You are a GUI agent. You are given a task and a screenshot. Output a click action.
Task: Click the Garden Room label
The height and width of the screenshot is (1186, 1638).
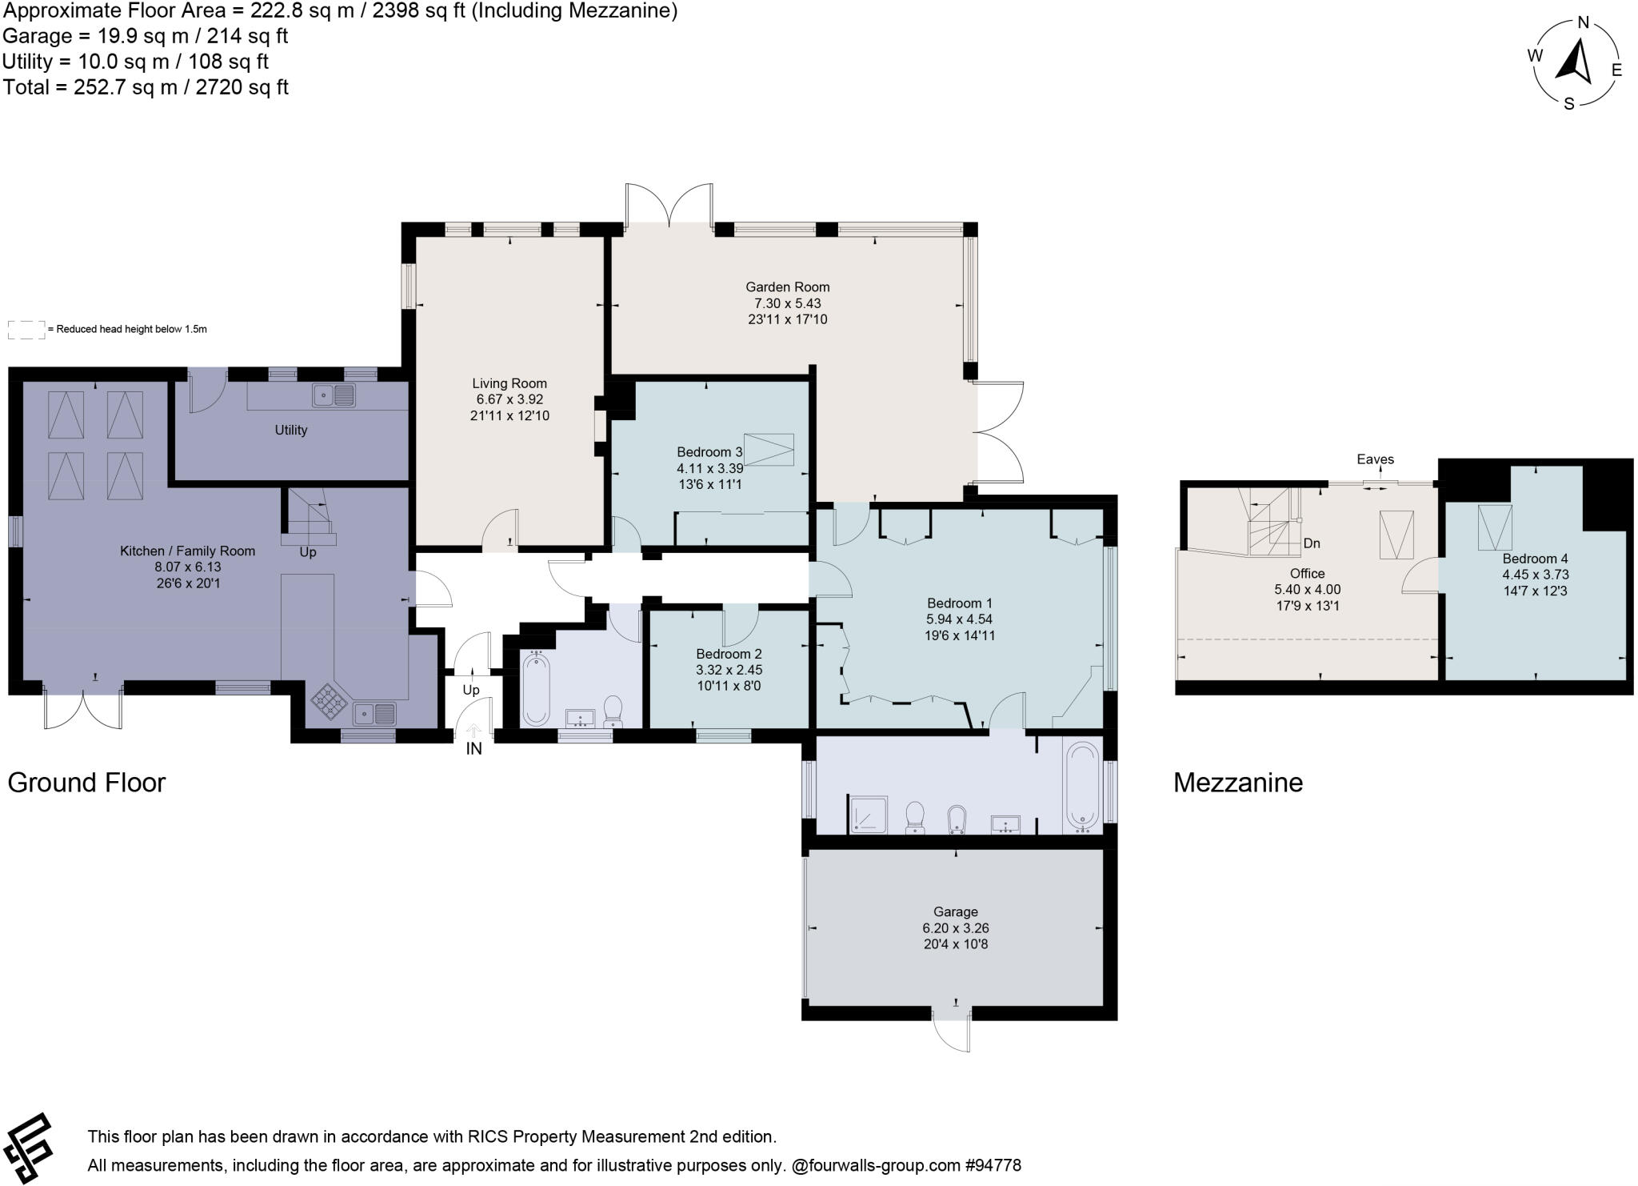787,286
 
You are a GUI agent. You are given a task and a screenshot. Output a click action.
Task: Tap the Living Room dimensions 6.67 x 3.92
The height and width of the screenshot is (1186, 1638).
509,399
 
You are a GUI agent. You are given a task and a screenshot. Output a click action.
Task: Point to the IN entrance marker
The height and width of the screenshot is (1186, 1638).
473,749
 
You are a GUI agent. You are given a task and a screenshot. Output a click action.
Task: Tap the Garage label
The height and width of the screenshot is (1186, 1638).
955,912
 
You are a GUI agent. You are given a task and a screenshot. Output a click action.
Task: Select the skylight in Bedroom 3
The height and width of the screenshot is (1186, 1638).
769,449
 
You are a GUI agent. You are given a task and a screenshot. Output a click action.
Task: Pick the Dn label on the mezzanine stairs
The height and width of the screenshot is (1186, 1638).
1311,543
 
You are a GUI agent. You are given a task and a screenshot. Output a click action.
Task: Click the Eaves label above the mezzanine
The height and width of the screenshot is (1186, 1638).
1375,459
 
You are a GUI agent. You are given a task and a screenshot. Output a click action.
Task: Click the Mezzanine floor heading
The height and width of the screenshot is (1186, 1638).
1237,782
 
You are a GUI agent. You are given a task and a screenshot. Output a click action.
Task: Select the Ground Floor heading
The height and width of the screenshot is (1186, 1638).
86,782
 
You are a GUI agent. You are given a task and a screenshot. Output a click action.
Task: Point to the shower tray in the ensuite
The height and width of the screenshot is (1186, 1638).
868,815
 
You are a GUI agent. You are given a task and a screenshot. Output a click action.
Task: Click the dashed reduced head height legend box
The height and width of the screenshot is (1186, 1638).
26,330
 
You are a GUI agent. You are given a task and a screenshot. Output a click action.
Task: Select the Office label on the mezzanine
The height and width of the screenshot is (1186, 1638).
1307,573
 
